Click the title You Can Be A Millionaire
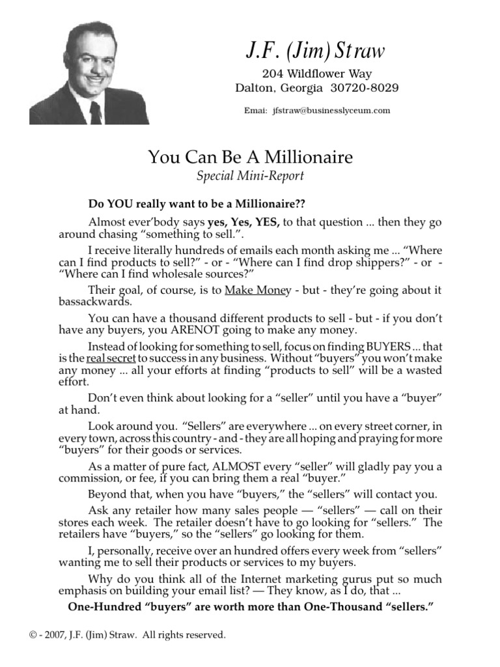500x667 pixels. click(x=251, y=158)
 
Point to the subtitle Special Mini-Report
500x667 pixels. click(x=251, y=176)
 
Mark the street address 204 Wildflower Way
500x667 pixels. click(x=316, y=74)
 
